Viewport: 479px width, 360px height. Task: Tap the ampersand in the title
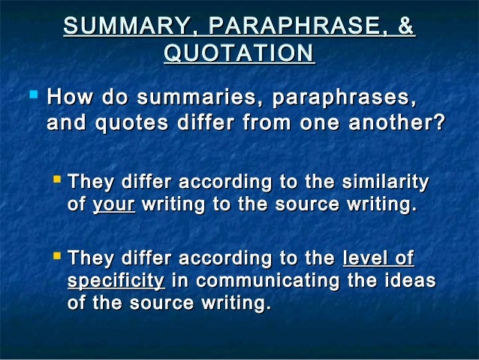406,26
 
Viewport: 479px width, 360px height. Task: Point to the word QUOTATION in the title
239,53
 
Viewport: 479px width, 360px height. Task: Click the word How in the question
70,98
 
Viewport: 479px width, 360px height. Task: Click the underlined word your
113,204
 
